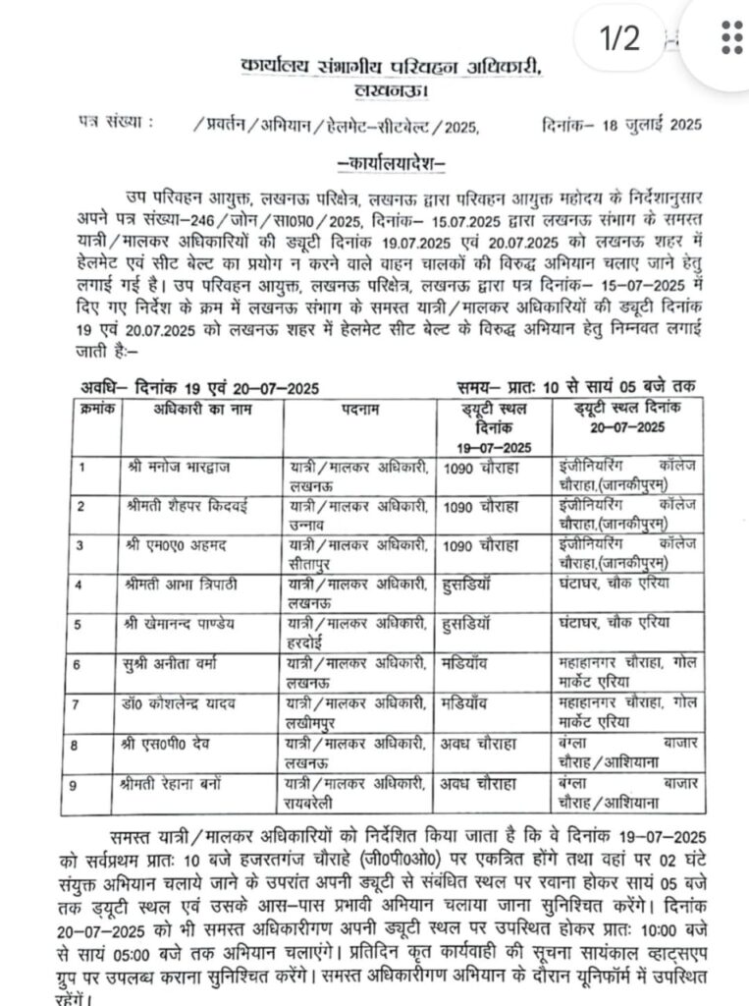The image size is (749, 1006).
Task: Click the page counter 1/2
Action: [619, 39]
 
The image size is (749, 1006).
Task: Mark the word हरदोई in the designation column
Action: [307, 639]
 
